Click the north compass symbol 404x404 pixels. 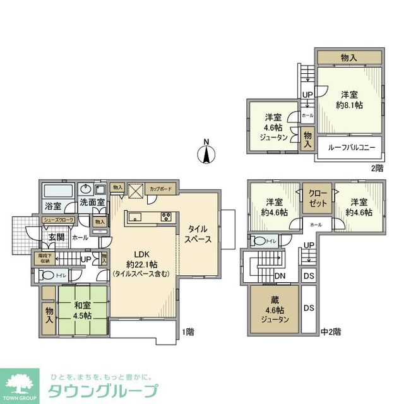tap(205, 152)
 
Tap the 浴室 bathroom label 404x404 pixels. tap(53, 206)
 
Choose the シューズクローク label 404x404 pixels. tap(59, 220)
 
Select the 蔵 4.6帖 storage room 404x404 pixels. tap(275, 309)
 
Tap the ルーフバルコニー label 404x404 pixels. tap(351, 148)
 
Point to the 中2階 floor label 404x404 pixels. tap(331, 331)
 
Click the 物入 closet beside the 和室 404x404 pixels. tap(49, 313)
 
